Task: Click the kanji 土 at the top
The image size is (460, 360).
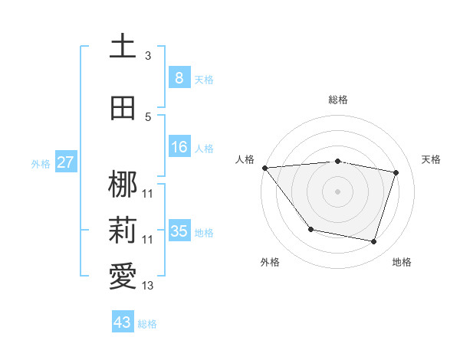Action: [x=123, y=47]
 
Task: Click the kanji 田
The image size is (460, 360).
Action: [x=123, y=108]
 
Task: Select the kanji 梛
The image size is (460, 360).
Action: [x=123, y=185]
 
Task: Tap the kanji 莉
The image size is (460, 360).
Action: [x=123, y=231]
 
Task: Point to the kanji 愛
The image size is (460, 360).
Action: [x=123, y=277]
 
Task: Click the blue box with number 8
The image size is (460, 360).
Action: [x=179, y=77]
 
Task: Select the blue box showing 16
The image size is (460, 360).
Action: [x=179, y=147]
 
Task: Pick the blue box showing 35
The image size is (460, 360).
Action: [x=179, y=231]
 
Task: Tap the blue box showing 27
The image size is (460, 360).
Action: [x=65, y=162]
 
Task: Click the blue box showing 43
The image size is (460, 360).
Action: [x=123, y=322]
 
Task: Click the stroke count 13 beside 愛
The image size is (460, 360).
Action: [x=148, y=286]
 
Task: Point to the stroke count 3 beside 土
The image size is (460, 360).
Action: [x=148, y=55]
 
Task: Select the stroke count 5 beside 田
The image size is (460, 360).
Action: [x=148, y=116]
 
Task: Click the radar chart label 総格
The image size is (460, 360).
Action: [x=338, y=100]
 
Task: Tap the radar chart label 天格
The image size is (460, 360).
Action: [x=432, y=159]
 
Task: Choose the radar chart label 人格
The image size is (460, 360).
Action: [x=245, y=159]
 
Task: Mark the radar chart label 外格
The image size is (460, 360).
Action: [x=270, y=262]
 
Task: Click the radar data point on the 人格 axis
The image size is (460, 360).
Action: [x=265, y=168]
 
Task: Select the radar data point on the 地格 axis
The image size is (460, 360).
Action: [x=373, y=242]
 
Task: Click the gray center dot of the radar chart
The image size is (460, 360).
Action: [x=338, y=191]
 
